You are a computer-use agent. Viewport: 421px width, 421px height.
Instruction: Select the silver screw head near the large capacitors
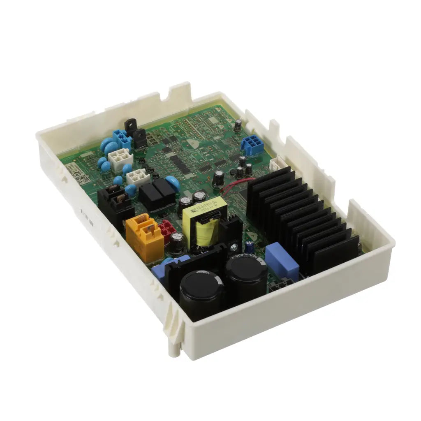tap(234, 248)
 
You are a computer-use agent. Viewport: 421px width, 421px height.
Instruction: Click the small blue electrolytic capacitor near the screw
tap(249, 246)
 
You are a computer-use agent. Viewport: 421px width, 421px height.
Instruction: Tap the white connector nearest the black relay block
tap(138, 177)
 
